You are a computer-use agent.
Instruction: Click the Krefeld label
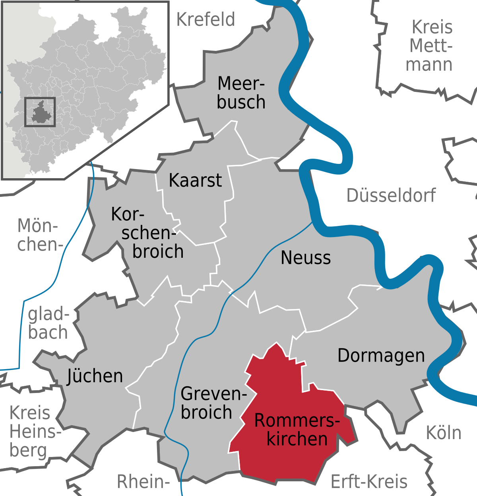click(x=206, y=19)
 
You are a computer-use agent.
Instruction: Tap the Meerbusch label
click(x=241, y=93)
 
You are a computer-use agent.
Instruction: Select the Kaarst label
click(x=195, y=180)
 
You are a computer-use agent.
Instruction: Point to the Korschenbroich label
click(x=147, y=233)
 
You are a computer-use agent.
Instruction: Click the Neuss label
click(x=306, y=258)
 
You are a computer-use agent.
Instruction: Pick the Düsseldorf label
click(x=391, y=195)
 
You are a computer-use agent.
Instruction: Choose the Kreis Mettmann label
click(x=430, y=46)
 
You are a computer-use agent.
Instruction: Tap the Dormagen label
click(x=381, y=356)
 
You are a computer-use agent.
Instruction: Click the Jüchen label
click(x=95, y=376)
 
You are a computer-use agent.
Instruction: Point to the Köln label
click(x=444, y=433)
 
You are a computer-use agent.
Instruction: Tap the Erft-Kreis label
click(x=369, y=482)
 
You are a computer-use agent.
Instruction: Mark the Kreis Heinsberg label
click(x=33, y=432)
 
